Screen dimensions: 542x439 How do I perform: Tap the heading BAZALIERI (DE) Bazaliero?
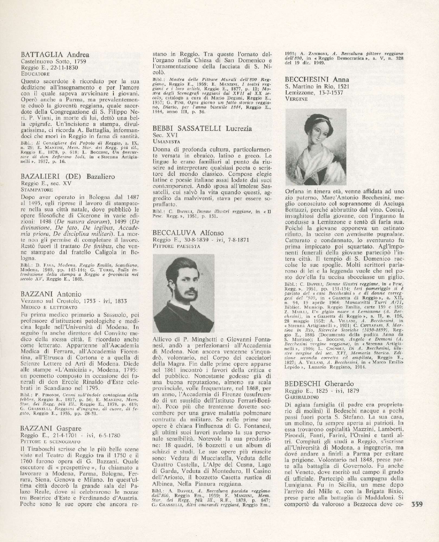(x=68, y=177)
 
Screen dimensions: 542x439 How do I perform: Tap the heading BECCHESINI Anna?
(x=317, y=79)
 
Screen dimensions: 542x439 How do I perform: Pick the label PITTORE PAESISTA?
(x=176, y=246)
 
